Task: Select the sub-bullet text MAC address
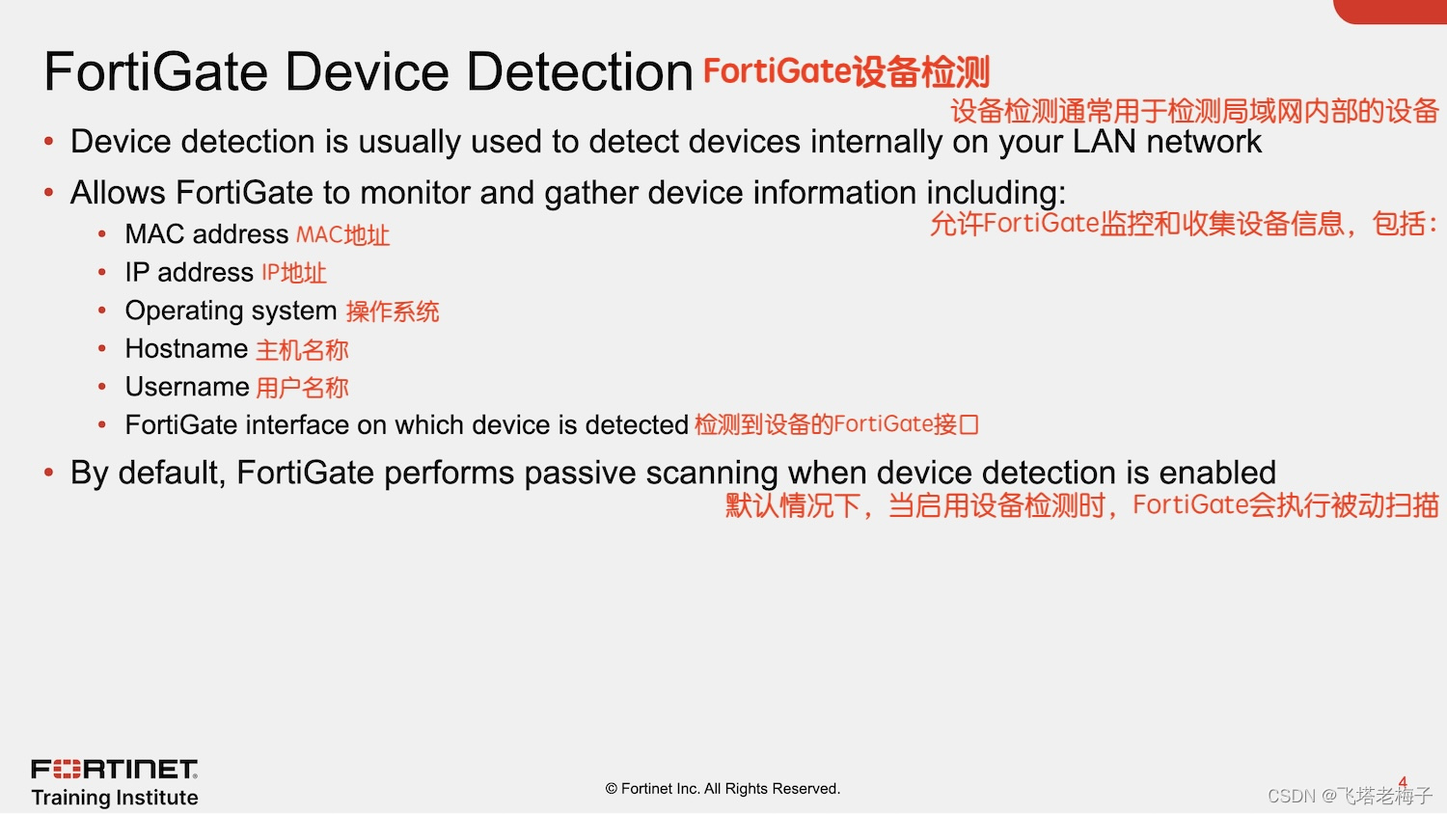206,234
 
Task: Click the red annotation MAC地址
342,235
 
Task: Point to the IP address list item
189,273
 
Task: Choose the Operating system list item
231,311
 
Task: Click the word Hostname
186,349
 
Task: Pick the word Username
187,387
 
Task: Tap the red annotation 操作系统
393,312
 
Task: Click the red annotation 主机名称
302,350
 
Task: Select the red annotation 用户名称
302,388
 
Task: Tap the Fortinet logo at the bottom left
114,769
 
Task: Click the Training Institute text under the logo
114,798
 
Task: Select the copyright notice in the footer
723,789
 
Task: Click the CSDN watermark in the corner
1349,796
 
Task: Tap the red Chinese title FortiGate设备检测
846,72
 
